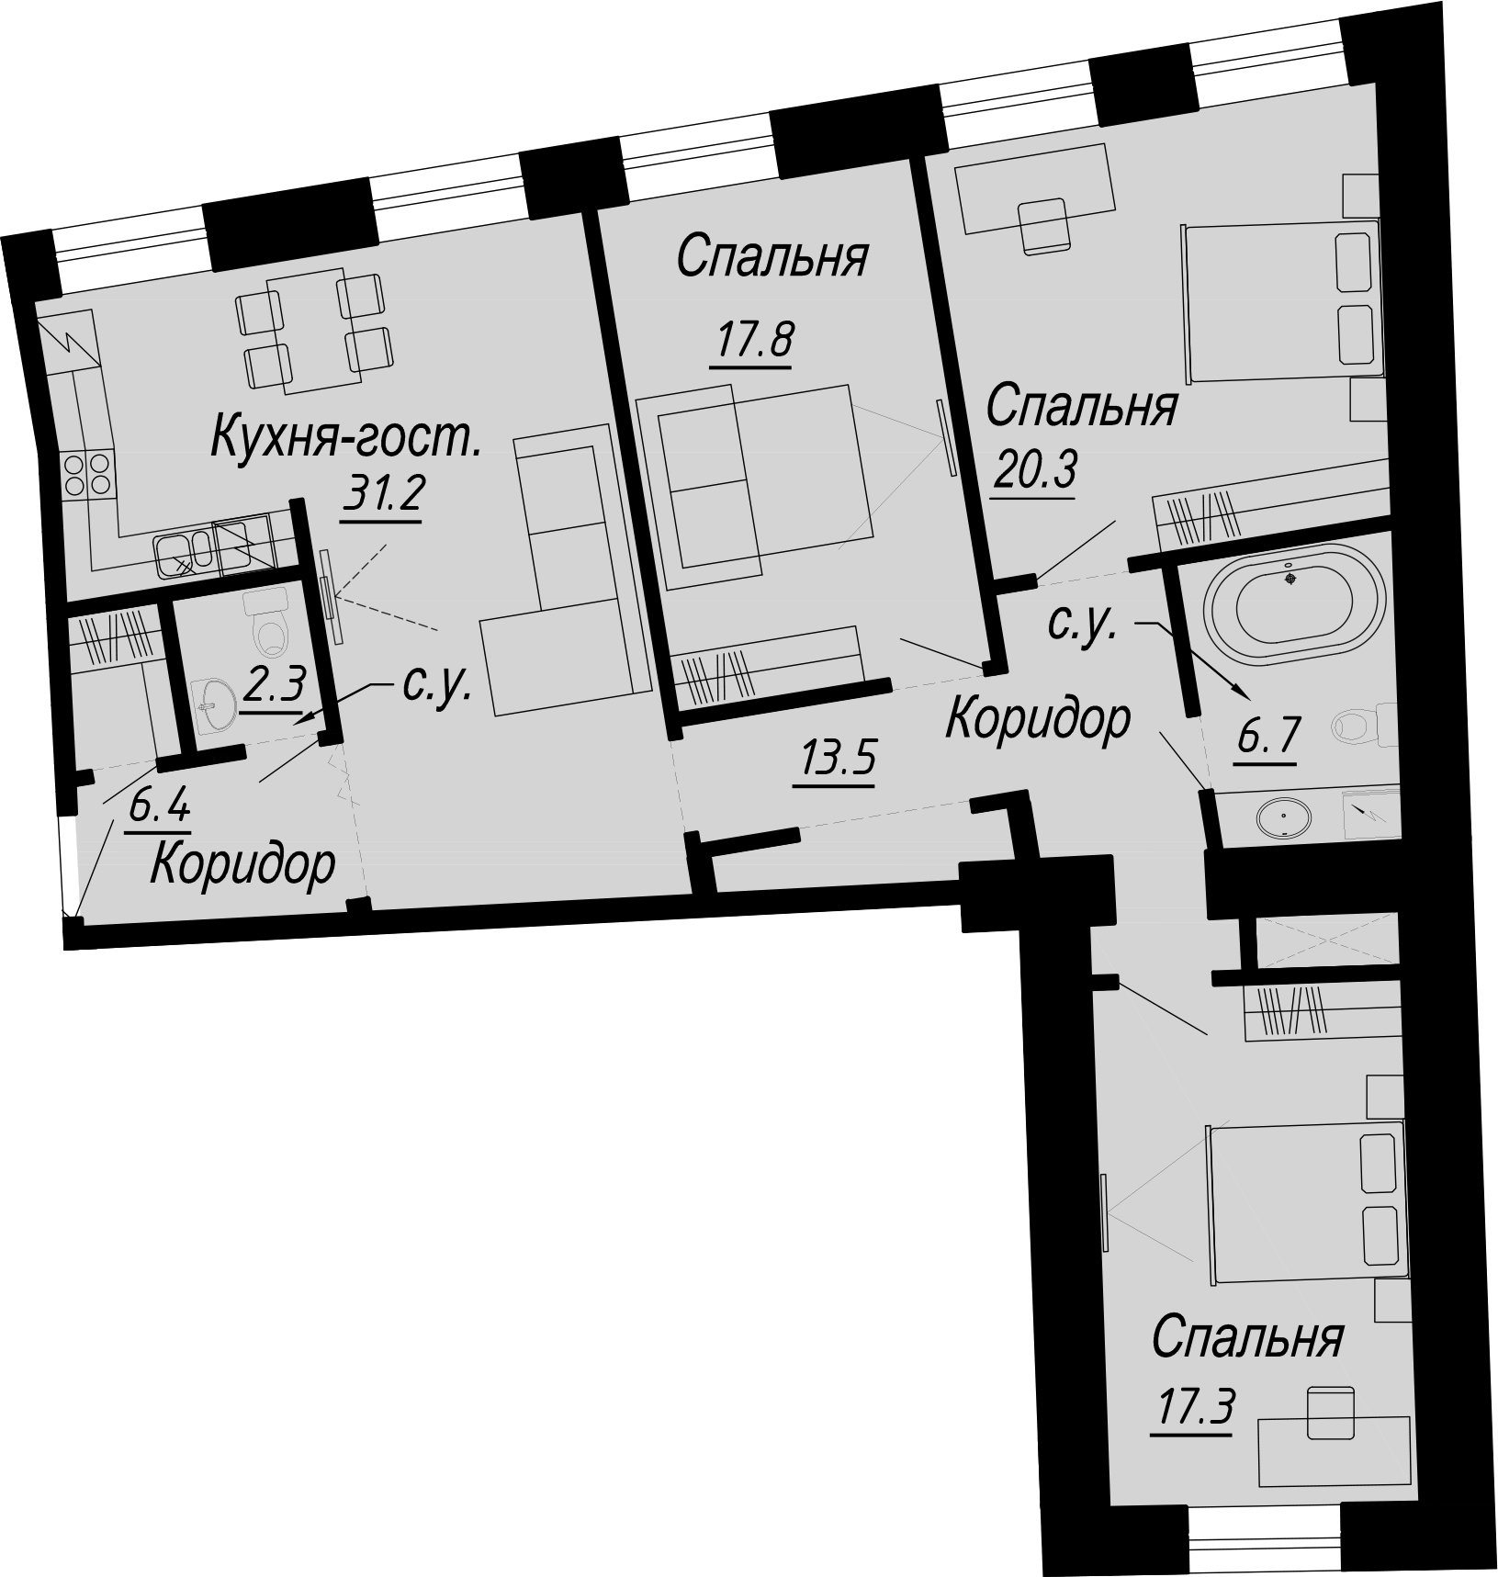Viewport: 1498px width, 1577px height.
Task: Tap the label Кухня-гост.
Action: (x=347, y=436)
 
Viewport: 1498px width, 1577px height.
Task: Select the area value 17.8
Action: (x=751, y=343)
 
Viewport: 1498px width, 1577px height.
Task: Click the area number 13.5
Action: (x=838, y=760)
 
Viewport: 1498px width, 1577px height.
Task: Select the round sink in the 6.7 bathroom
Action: (x=1283, y=817)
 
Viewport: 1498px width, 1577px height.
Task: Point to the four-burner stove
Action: (x=87, y=475)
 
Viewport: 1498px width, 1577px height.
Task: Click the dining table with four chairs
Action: (x=313, y=332)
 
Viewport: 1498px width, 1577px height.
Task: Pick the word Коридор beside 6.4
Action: (x=242, y=865)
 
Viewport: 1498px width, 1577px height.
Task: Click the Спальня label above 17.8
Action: (x=772, y=257)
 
